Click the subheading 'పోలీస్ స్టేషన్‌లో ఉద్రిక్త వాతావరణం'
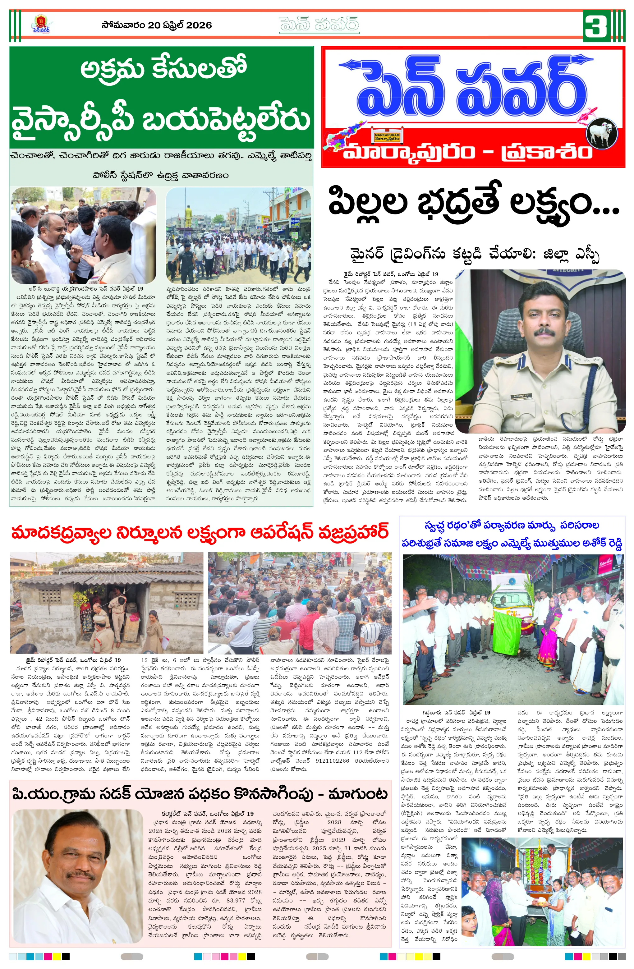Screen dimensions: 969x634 point(161,176)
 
